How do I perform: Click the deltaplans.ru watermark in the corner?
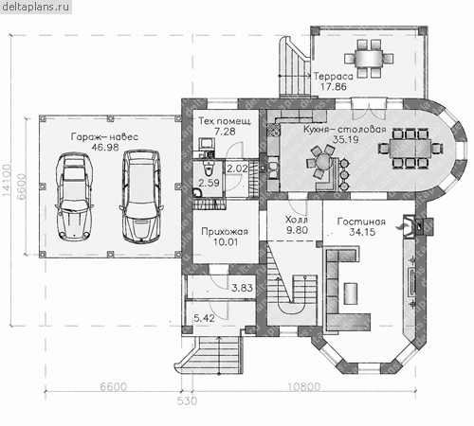[x=35, y=7]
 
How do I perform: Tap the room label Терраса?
[x=333, y=76]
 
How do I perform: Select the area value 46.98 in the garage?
[x=105, y=147]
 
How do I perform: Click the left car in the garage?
[x=74, y=197]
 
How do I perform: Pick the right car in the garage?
[x=141, y=196]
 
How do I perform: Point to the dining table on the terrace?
[x=369, y=59]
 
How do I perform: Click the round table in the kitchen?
[x=322, y=162]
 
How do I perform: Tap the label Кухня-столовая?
[x=345, y=129]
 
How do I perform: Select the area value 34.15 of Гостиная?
[x=362, y=232]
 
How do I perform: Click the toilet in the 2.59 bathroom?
[x=208, y=169]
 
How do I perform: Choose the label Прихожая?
[x=225, y=232]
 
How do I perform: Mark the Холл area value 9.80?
[x=297, y=230]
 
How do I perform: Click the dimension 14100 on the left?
[x=7, y=180]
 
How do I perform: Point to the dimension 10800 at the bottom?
[x=304, y=386]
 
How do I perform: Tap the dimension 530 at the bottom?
[x=187, y=401]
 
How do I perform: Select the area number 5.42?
[x=204, y=318]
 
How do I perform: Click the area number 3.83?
[x=242, y=288]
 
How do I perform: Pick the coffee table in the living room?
[x=351, y=293]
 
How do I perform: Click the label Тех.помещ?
[x=225, y=121]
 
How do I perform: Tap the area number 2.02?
[x=237, y=169]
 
